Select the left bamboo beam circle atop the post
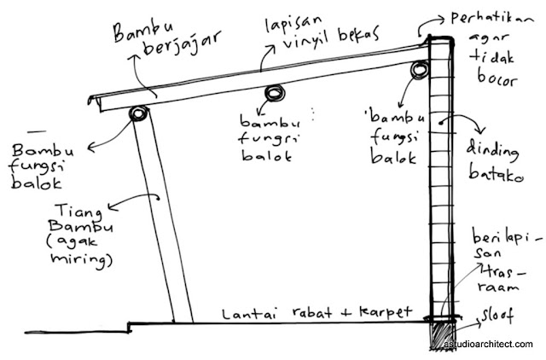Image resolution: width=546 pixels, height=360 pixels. tap(137, 114)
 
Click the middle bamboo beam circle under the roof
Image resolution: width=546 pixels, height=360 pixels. tap(274, 92)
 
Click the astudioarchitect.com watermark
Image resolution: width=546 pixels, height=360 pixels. tap(488, 344)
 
